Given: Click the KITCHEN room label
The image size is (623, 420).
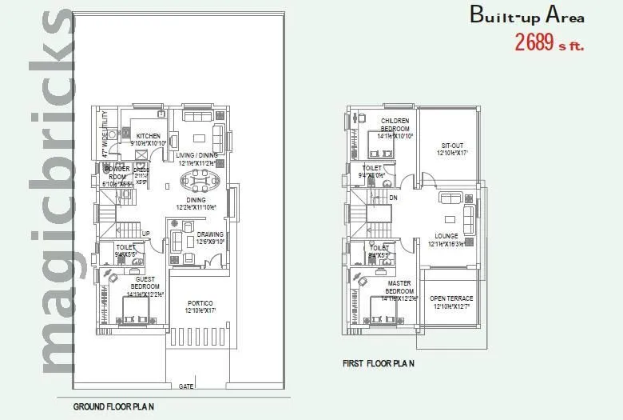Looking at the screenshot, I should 149,136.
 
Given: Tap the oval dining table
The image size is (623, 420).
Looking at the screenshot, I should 196,179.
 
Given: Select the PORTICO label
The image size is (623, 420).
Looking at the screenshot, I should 200,303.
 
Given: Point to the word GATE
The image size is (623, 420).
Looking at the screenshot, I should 186,386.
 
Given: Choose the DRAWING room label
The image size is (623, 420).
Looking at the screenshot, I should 210,235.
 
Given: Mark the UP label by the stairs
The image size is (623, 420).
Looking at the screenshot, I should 146,234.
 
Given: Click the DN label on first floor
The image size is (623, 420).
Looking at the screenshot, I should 393,198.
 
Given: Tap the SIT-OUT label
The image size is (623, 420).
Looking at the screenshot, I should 452,145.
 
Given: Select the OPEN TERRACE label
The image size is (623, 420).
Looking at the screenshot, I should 453,298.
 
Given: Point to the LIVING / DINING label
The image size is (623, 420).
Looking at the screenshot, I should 197,155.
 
